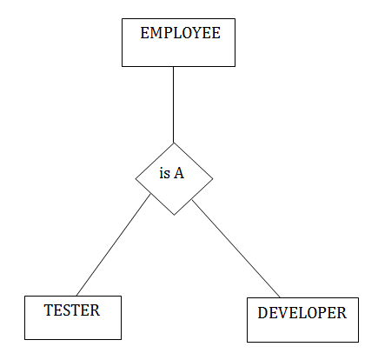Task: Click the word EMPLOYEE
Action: point(180,33)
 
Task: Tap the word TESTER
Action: point(72,310)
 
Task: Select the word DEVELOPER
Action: point(302,313)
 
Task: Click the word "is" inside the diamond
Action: point(164,173)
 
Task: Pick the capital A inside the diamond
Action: point(179,173)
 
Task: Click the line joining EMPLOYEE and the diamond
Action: point(174,104)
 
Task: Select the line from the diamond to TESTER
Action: point(113,245)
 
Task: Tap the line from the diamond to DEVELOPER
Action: point(236,249)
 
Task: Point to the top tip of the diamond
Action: point(174,143)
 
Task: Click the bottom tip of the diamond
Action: point(174,215)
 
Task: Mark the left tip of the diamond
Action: point(136,178)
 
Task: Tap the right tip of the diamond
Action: point(213,179)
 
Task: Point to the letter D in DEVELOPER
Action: point(262,313)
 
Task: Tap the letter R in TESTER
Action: point(96,310)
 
